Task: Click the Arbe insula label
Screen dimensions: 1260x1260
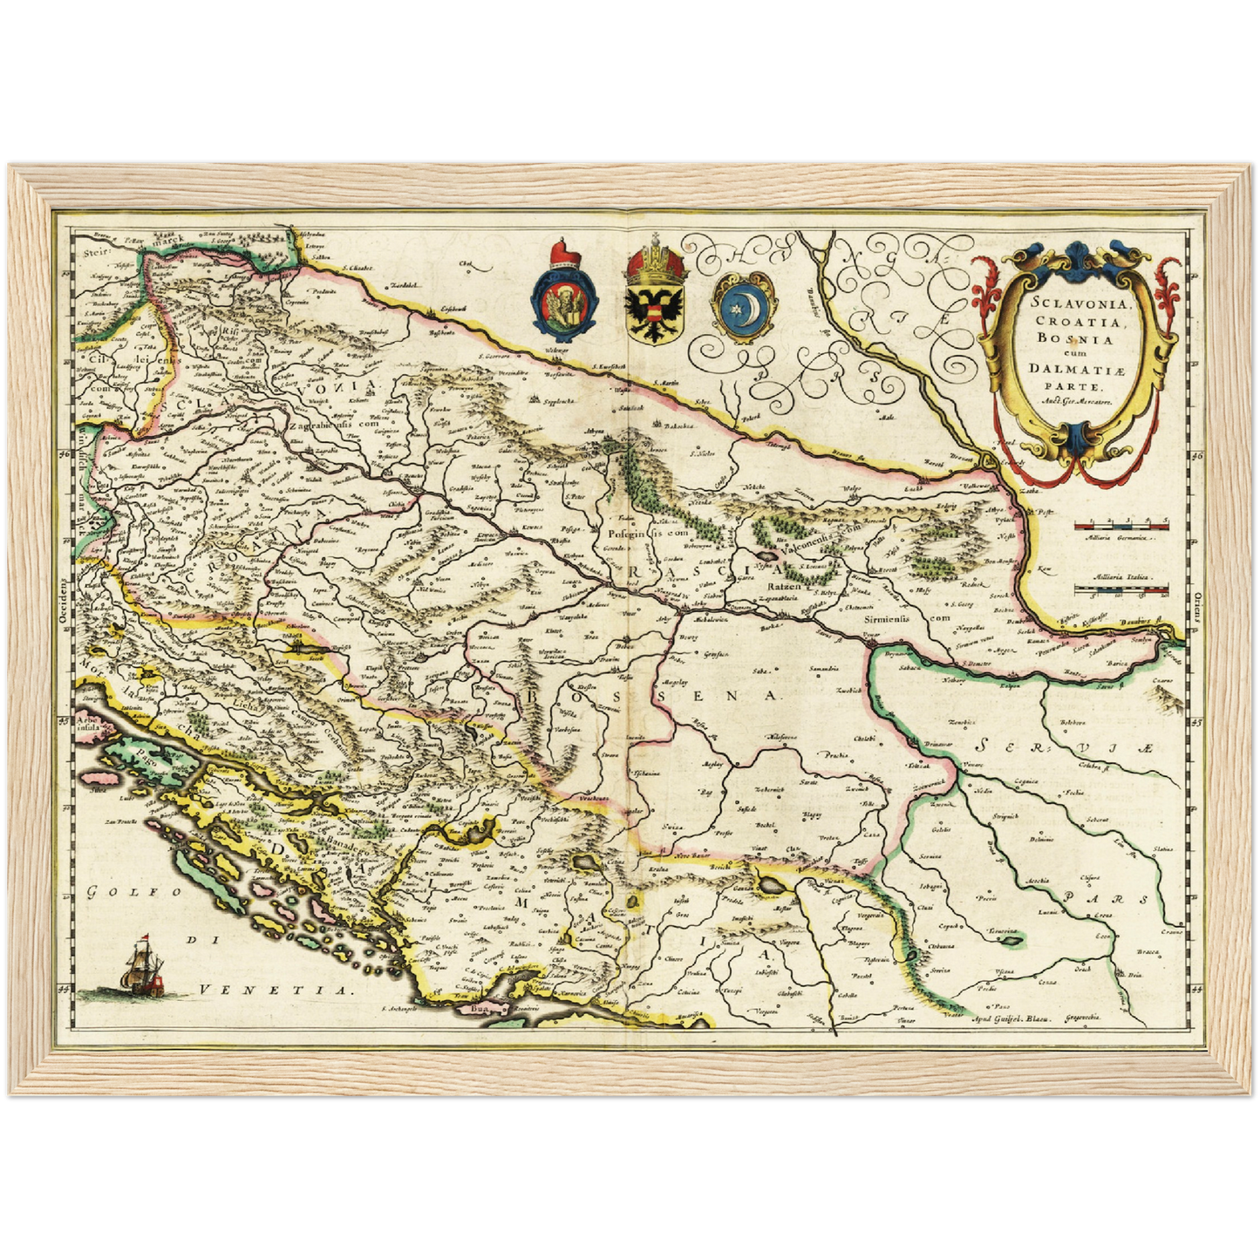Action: pyautogui.click(x=90, y=722)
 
